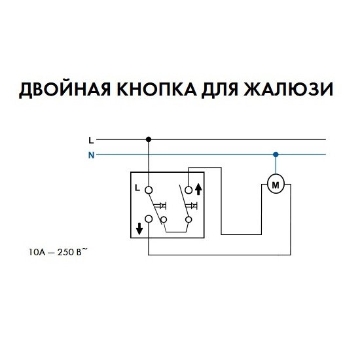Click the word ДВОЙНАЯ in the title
(65, 89)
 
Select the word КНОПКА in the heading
(157, 89)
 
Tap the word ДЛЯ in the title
(220, 90)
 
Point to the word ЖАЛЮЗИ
(288, 89)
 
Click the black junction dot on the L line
(149, 139)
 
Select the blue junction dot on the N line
(276, 154)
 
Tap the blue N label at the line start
(92, 155)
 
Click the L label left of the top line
(92, 140)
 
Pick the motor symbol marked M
(276, 185)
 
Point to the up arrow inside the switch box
(198, 190)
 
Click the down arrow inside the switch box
(139, 229)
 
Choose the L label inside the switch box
(137, 189)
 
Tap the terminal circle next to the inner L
(149, 190)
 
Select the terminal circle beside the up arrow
(189, 190)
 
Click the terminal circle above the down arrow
(149, 219)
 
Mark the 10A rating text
(36, 253)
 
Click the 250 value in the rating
(65, 253)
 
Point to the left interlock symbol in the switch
(160, 206)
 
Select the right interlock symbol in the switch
(192, 206)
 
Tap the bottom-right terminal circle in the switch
(189, 220)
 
